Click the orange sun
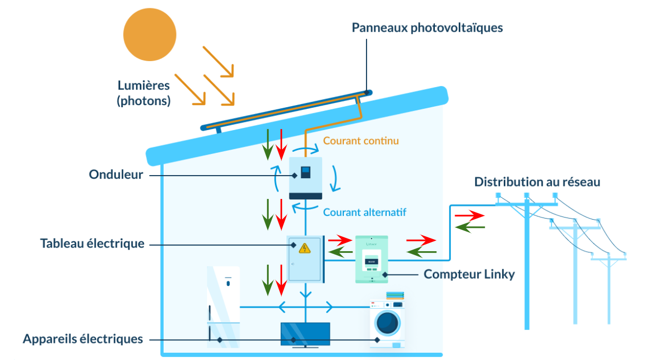tap(150, 34)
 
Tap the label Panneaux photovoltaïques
tap(427, 27)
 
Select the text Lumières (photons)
tap(143, 93)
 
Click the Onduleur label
tap(116, 175)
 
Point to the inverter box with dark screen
tap(305, 178)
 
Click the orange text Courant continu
tap(361, 140)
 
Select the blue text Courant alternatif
tap(364, 212)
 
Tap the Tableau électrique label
tap(92, 243)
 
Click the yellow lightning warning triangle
tap(305, 248)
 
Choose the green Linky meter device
tap(371, 259)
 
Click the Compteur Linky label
tap(469, 274)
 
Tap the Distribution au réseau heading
tap(537, 182)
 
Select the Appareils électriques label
tap(83, 339)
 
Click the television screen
tap(305, 334)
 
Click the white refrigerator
tap(223, 306)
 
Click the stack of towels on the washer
tap(394, 296)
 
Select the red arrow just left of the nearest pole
tap(470, 214)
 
